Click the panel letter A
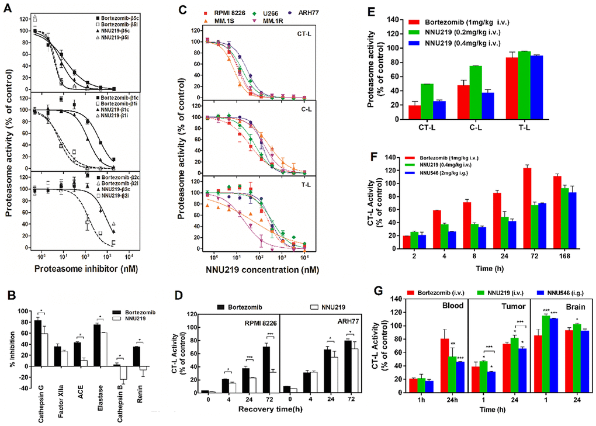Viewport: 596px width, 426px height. [x=9, y=8]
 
